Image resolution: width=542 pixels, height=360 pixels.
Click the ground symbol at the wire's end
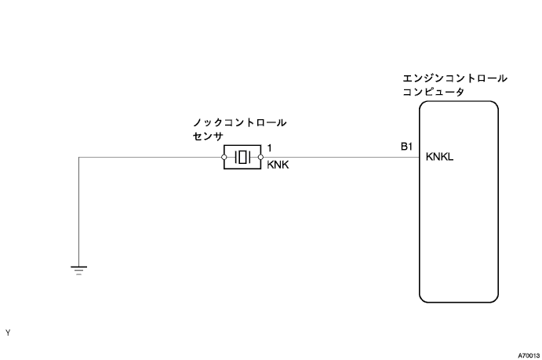[79, 270]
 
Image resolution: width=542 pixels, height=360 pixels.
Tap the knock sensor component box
[243, 157]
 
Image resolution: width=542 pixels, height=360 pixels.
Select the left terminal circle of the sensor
[224, 157]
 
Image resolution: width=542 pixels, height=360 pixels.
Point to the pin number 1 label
[270, 147]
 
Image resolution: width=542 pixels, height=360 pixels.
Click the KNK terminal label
[278, 165]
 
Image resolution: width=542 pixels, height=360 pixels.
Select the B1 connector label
[406, 147]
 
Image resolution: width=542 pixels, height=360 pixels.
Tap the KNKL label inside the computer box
[440, 157]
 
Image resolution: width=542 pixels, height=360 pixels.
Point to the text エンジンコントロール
[454, 79]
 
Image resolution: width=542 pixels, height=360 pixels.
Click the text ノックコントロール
[239, 123]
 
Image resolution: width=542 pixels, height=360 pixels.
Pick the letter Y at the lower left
[8, 333]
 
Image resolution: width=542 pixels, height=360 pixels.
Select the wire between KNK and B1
[337, 157]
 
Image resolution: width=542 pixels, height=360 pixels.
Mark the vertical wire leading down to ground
[79, 212]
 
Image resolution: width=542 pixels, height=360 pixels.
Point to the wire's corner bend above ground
[79, 157]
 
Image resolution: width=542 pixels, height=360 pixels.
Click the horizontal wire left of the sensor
[149, 157]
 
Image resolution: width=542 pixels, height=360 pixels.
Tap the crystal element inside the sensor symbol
[243, 157]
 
